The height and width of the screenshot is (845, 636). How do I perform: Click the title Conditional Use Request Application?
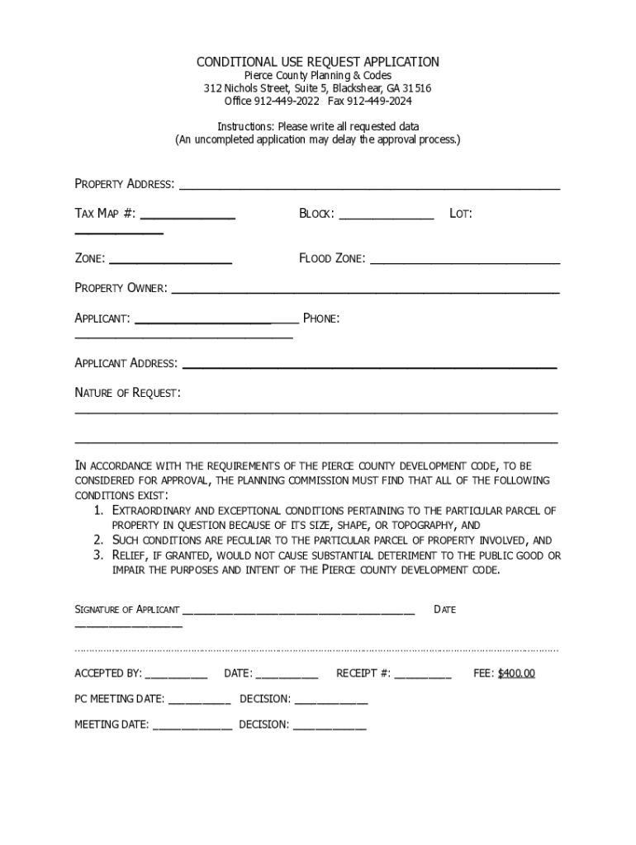point(317,63)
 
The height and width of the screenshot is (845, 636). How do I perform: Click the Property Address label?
point(125,184)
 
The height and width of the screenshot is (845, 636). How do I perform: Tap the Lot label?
point(460,214)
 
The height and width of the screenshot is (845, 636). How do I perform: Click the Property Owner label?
point(121,288)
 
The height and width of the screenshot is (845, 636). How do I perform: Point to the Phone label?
point(321,319)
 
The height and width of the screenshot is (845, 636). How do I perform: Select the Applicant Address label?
point(126,363)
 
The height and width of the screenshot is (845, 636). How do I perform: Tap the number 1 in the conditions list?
point(97,511)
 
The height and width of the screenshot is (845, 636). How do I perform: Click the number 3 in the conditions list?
point(97,555)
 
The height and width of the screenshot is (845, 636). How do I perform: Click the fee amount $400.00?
point(516,673)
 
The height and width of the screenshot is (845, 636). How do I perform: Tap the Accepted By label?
point(108,673)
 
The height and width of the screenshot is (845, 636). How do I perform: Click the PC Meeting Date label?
point(120,699)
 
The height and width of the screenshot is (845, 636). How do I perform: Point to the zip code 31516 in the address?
point(417,88)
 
